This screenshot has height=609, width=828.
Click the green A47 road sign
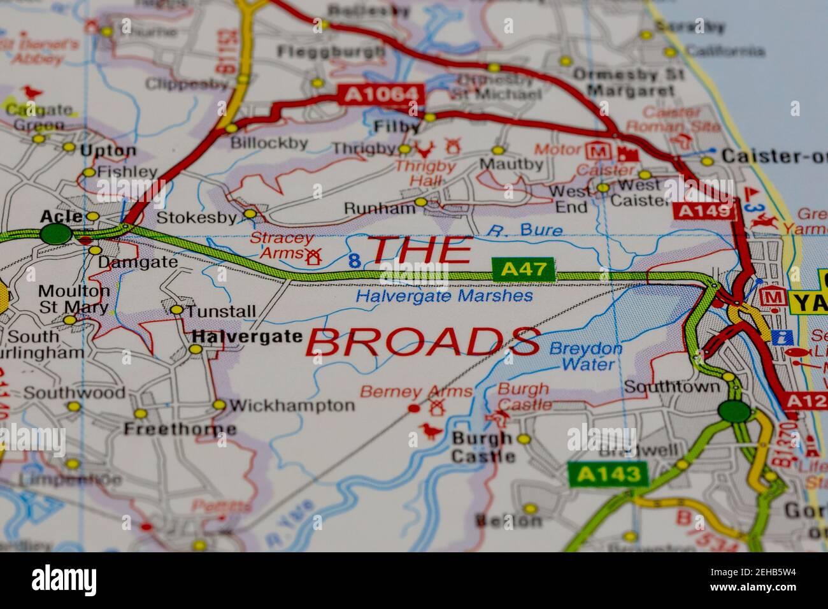pos(524,269)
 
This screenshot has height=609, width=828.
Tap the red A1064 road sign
pos(382,95)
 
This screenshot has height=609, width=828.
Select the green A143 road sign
pos(608,473)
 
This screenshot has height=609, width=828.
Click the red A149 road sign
pos(704,211)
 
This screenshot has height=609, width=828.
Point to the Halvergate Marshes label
pos(444,296)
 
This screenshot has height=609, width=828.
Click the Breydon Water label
pos(585,357)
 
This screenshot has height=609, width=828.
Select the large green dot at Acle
pos(56,234)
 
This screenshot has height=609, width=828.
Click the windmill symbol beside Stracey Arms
pos(312,257)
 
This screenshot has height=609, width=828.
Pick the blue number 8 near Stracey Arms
pos(355,260)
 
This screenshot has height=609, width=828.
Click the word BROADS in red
pos(423,343)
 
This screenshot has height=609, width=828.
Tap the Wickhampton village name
pos(291,405)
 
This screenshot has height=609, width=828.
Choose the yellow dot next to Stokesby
pos(250,213)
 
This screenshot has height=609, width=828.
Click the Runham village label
pos(379,208)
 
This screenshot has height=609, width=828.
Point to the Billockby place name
pos(269,143)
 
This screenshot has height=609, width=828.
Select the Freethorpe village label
pos(180,429)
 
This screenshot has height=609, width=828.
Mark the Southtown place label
pos(671,387)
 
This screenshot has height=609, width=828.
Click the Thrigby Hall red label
pos(425,174)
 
